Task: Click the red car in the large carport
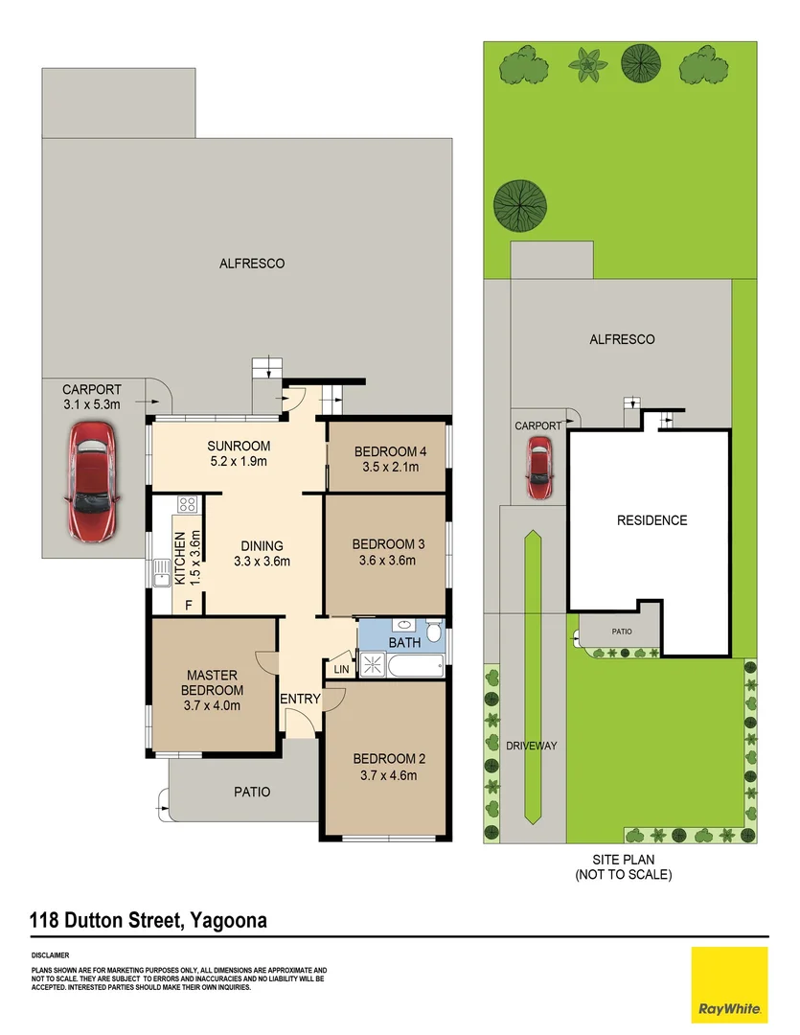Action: pos(92,482)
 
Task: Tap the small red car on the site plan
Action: pos(538,468)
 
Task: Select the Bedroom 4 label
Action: pos(390,451)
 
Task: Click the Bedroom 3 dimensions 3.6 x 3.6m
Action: pos(387,561)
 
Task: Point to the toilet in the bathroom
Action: pos(434,630)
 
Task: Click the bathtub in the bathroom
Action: pos(416,665)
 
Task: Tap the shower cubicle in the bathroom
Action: pos(373,663)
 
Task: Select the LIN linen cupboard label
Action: pos(341,669)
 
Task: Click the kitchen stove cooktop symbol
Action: pos(187,505)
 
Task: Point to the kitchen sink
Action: pos(161,573)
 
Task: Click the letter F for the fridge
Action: pos(189,605)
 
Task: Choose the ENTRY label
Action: pos(300,699)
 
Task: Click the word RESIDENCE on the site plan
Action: pos(652,520)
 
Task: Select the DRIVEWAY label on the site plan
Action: pos(532,746)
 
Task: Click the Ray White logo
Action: pos(729,985)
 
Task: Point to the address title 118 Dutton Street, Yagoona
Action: pos(149,920)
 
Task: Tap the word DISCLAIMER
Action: pos(50,955)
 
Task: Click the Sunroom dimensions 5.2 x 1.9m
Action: pos(239,461)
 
